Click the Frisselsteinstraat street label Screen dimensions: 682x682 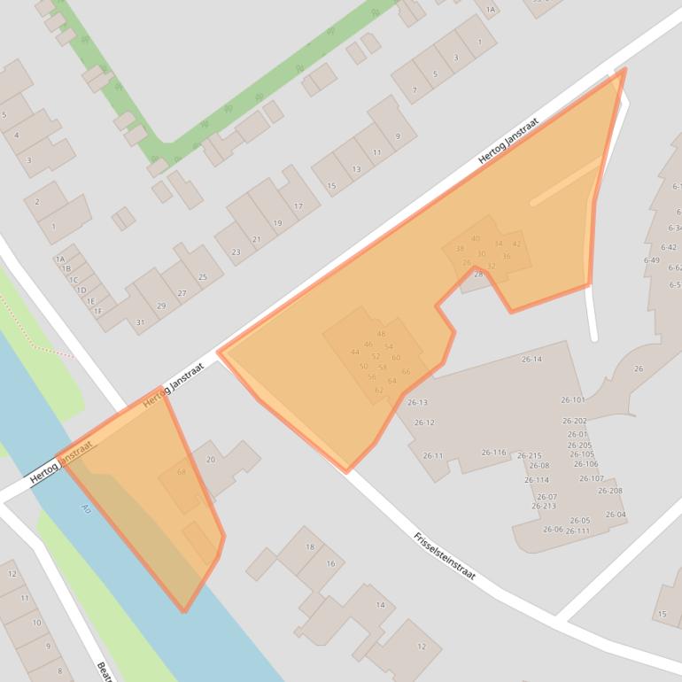click(x=445, y=556)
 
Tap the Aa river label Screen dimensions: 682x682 click(x=86, y=508)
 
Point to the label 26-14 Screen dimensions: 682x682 click(x=531, y=359)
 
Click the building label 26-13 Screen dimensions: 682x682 click(x=417, y=402)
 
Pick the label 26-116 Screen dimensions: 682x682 click(x=493, y=453)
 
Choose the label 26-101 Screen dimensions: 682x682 click(x=573, y=399)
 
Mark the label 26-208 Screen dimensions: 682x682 click(x=610, y=491)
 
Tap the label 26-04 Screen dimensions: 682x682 click(x=616, y=515)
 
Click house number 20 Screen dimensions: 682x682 click(x=211, y=459)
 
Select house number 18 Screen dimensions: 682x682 click(x=310, y=546)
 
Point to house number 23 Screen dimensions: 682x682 click(x=236, y=252)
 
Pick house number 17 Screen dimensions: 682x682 click(x=298, y=206)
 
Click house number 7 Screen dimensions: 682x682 click(x=414, y=89)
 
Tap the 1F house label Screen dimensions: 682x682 click(x=97, y=311)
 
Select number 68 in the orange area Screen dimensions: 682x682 click(x=182, y=471)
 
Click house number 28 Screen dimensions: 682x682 click(x=478, y=274)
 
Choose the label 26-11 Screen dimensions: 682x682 click(x=433, y=455)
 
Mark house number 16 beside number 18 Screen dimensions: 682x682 click(x=330, y=563)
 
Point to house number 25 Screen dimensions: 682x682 click(x=203, y=277)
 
